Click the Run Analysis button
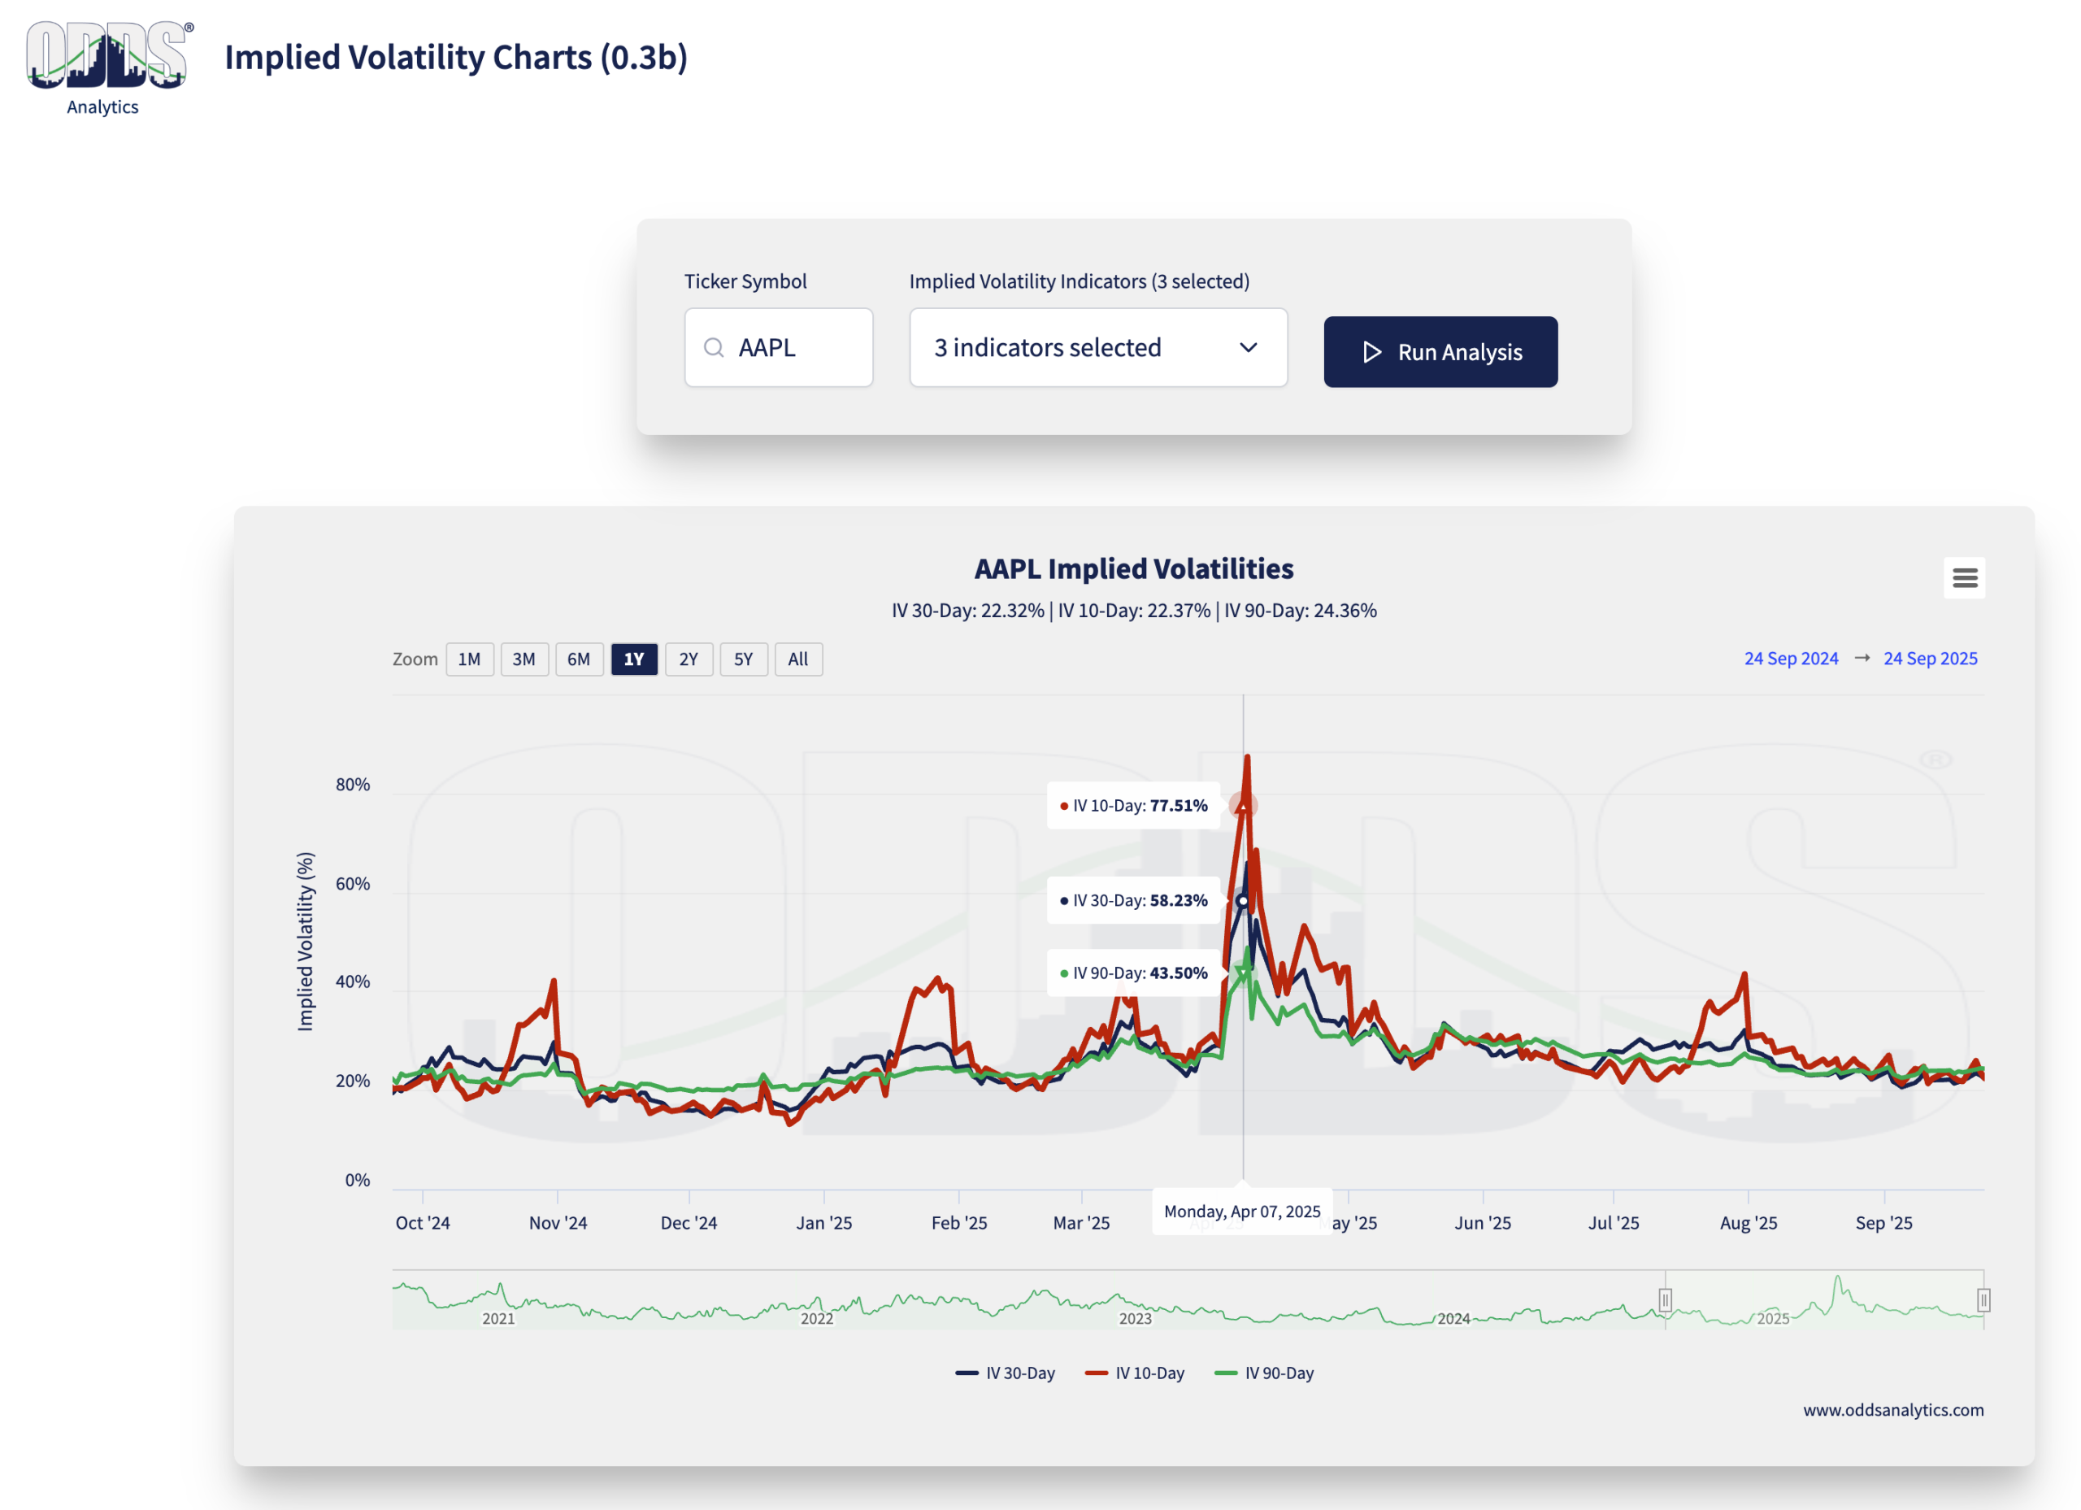(x=1440, y=351)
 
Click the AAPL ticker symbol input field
(x=778, y=348)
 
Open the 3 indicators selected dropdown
(x=1097, y=348)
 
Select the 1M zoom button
(x=469, y=659)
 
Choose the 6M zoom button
(x=578, y=659)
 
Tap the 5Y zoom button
(x=742, y=659)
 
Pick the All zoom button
(x=797, y=659)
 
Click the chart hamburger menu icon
(x=1964, y=577)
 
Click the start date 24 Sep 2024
(x=1790, y=658)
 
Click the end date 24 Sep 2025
(x=1930, y=658)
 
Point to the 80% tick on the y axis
(x=352, y=785)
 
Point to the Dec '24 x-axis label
(x=689, y=1223)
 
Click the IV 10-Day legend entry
(x=1135, y=1373)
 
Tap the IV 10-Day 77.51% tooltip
(x=1133, y=806)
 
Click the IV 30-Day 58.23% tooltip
(x=1133, y=900)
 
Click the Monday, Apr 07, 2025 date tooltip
(x=1241, y=1212)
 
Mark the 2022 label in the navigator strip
(x=817, y=1319)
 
